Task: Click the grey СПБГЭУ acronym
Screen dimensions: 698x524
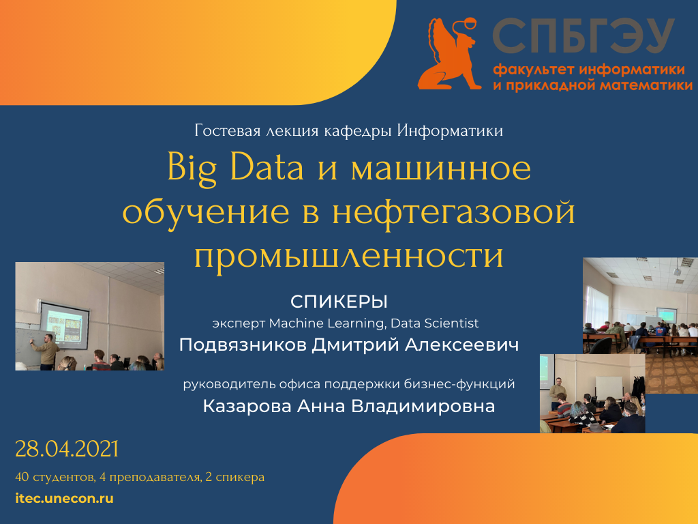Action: click(583, 36)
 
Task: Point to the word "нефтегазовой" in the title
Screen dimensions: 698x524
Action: click(453, 212)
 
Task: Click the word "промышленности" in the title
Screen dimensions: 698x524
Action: click(349, 255)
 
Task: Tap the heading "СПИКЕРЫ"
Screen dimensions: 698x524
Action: click(339, 302)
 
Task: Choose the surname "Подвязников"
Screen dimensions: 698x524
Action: click(243, 345)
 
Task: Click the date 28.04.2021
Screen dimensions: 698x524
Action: click(67, 449)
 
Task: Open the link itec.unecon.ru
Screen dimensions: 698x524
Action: click(65, 498)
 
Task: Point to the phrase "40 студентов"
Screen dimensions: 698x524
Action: click(55, 477)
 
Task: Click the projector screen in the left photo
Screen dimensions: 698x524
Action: click(65, 325)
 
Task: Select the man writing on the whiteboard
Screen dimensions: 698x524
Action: click(46, 352)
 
